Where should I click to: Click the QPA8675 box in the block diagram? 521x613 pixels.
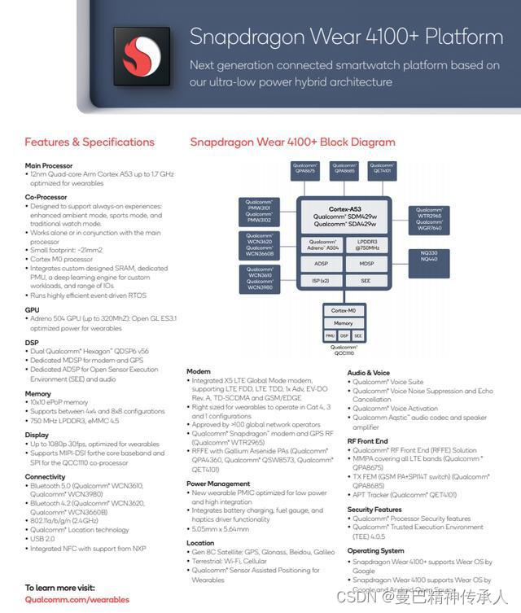coord(305,169)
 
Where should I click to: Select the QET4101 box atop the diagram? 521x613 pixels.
coord(383,169)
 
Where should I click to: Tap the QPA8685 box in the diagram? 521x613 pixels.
coord(344,169)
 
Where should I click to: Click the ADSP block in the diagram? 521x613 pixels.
coord(321,264)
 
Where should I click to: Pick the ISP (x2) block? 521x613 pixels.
coord(321,281)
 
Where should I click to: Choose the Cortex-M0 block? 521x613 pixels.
coord(344,311)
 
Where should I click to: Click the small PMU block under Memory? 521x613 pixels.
coord(330,335)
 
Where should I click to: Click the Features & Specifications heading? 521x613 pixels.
coord(90,142)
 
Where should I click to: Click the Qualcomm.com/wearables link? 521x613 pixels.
coord(77,599)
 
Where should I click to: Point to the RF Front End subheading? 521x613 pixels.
coord(368,440)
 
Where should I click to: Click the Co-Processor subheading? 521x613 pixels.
coord(46,197)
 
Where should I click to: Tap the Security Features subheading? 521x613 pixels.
coord(374,509)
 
